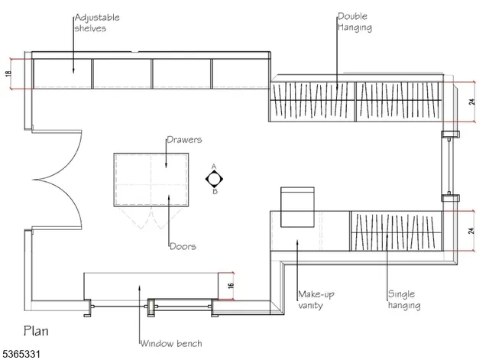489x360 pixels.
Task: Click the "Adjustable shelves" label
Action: pyautogui.click(x=97, y=23)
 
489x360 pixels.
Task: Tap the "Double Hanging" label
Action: pyautogui.click(x=355, y=22)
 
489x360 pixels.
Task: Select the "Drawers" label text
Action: pyautogui.click(x=184, y=139)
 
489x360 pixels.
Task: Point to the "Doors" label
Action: pyautogui.click(x=183, y=246)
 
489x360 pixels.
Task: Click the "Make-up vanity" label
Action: pyautogui.click(x=316, y=300)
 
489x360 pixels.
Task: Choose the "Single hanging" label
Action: pyautogui.click(x=404, y=299)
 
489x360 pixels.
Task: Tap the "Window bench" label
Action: pyautogui.click(x=171, y=343)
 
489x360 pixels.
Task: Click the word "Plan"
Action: pyautogui.click(x=36, y=331)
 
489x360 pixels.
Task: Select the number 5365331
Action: pyautogui.click(x=21, y=354)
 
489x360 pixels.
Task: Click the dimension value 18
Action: pyautogui.click(x=8, y=73)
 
